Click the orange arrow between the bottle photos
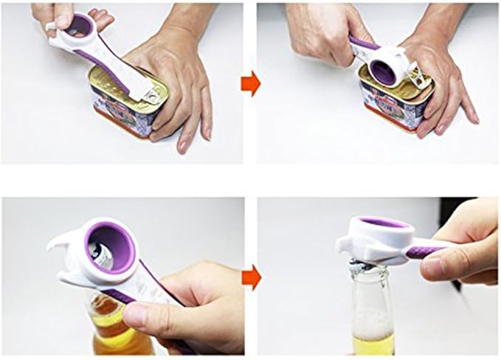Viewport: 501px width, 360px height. pos(251,278)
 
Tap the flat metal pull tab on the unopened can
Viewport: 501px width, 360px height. pos(152,95)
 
